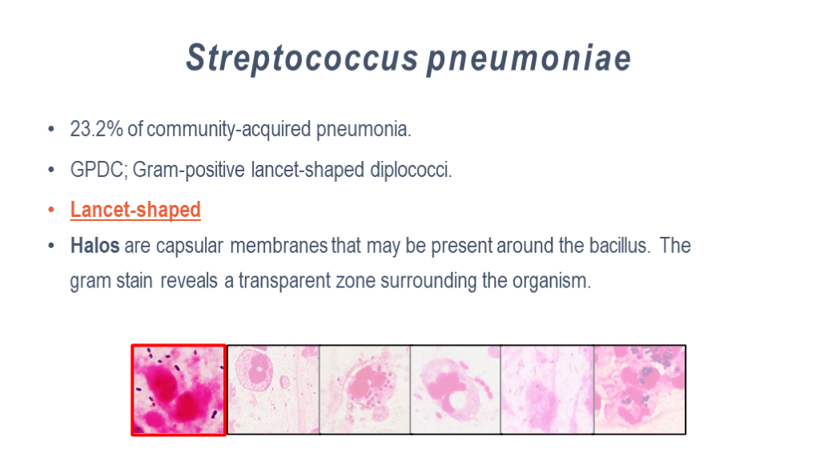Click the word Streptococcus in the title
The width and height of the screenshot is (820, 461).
point(302,57)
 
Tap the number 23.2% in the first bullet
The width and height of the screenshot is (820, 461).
point(96,129)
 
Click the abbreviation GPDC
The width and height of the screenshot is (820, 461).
point(98,170)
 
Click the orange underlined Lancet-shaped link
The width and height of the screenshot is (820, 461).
point(135,210)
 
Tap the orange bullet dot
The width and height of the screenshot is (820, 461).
point(51,210)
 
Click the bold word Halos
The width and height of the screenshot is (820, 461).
point(94,245)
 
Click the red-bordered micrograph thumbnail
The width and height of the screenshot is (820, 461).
point(179,390)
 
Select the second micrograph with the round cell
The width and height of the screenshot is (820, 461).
point(274,390)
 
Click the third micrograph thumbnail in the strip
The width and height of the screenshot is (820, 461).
point(365,390)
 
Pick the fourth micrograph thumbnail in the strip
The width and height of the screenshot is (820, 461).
point(456,390)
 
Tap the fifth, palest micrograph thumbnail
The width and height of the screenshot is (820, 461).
point(547,390)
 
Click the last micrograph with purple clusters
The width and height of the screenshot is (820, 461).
point(640,390)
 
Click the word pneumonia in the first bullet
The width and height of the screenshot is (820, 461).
point(364,129)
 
